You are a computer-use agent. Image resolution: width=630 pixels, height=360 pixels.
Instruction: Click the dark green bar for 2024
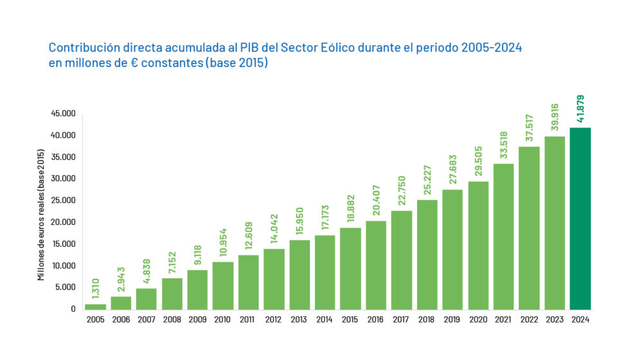580,219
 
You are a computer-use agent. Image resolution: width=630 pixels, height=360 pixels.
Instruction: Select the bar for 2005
95,306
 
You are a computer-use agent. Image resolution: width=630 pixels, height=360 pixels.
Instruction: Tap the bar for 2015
350,268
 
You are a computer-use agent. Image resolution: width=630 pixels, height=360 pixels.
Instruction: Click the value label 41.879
580,110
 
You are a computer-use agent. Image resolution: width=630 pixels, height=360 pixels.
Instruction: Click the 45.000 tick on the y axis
64,114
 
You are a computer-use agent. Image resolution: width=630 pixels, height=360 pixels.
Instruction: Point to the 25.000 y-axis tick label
64,201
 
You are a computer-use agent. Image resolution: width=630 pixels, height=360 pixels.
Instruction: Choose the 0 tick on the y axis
73,309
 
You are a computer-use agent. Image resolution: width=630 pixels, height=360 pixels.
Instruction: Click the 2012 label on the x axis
274,319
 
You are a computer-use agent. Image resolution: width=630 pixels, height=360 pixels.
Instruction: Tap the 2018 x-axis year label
427,319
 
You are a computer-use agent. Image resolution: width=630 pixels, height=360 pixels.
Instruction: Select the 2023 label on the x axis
554,319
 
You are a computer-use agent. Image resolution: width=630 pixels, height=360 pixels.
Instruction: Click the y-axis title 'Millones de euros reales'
41,215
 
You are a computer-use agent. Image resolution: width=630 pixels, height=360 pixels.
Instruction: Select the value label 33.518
503,145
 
